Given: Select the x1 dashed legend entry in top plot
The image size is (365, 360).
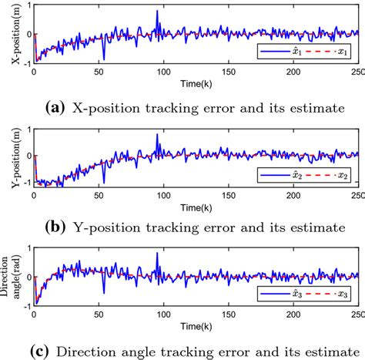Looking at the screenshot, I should point(327,53).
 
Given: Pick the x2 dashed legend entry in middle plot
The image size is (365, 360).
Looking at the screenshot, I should point(327,176).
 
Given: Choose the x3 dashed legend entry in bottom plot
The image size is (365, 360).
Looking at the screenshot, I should point(327,295).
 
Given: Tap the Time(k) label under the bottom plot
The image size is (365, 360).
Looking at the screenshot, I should point(196,328).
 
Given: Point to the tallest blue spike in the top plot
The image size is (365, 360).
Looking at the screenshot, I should point(157,12).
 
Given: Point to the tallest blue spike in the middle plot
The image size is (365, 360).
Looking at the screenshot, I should point(157,135).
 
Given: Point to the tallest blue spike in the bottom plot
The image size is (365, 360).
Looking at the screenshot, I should point(157,254).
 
